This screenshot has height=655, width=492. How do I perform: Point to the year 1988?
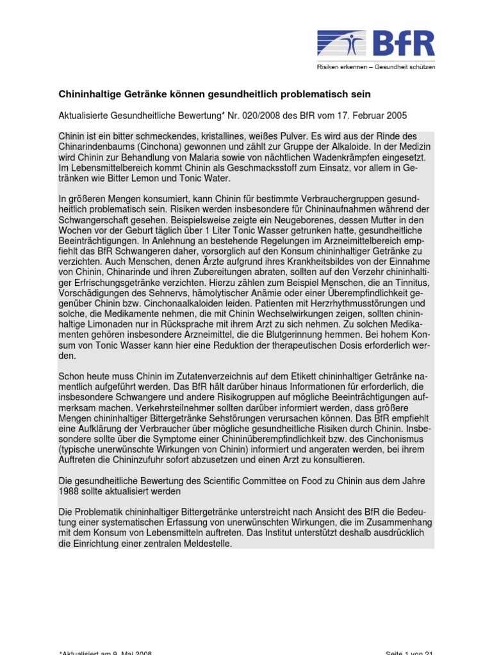[x=70, y=491]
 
